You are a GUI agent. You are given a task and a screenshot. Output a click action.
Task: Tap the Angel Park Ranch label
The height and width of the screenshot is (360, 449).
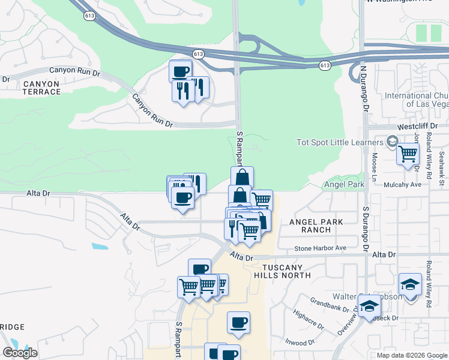click(316, 226)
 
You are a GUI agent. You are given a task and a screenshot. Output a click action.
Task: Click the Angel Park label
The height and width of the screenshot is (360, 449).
click(345, 185)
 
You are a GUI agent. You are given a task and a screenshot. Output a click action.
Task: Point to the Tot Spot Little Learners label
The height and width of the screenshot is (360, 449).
click(340, 142)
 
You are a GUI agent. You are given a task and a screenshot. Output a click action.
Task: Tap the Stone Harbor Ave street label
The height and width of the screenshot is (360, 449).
click(321, 248)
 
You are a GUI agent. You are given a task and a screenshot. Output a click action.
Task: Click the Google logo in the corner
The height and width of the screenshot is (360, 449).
click(20, 353)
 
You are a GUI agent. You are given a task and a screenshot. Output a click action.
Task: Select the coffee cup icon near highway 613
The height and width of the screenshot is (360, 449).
click(181, 71)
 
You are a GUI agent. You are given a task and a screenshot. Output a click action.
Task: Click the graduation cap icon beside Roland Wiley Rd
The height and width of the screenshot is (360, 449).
click(410, 284)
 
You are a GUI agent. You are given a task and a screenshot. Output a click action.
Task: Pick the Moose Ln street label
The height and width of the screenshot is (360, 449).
click(374, 167)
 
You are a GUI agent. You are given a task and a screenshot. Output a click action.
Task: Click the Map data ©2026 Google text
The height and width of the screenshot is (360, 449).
click(412, 355)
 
